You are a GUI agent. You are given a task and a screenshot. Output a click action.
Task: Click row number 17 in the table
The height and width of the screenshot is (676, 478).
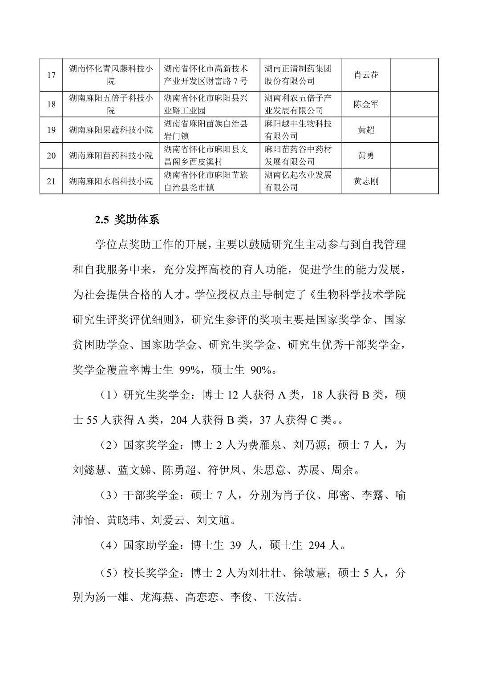[x=51, y=75]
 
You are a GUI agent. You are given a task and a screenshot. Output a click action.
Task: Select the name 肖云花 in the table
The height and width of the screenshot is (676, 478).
[x=366, y=75]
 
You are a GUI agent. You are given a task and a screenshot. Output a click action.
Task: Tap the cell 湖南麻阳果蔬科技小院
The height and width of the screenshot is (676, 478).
[x=111, y=130]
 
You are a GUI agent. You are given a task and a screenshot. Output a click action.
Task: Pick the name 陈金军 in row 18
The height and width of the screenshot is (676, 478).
[x=366, y=105]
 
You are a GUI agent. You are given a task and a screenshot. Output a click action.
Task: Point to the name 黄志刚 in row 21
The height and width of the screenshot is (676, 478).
[x=366, y=181]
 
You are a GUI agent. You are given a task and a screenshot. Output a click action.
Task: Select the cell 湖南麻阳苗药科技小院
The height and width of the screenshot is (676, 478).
[x=111, y=155]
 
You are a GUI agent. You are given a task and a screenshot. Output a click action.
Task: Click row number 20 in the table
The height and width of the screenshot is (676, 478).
[x=51, y=155]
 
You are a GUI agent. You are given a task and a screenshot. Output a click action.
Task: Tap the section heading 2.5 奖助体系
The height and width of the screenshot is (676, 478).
[x=127, y=220]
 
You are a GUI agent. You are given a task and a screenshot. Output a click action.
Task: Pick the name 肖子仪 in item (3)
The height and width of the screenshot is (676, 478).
[x=299, y=495]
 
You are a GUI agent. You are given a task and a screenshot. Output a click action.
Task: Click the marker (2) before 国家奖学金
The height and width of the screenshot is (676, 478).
[x=109, y=445]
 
